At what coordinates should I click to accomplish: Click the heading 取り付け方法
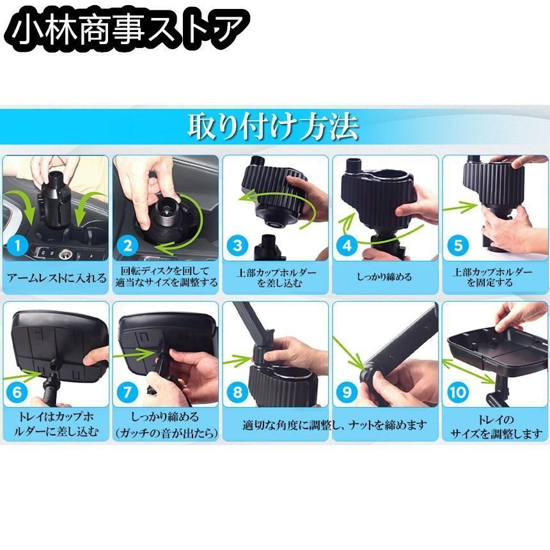274,127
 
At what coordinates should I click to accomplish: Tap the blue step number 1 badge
17,245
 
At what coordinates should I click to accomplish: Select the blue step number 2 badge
127,245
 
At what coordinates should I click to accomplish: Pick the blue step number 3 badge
237,245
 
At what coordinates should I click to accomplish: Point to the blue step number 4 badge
347,245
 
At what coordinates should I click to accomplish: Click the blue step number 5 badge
458,245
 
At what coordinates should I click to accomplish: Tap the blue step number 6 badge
17,392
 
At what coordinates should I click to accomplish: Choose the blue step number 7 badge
127,392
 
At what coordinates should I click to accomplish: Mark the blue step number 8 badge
237,392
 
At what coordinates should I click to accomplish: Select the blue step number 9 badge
347,392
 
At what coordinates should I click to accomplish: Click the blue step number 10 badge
458,392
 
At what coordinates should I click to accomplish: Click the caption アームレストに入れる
56,278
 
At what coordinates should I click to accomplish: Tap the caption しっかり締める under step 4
384,277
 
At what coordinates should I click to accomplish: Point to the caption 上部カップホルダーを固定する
492,277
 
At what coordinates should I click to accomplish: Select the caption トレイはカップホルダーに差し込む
56,424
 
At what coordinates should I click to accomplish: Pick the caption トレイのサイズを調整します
496,427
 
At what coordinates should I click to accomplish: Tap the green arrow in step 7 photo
134,354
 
